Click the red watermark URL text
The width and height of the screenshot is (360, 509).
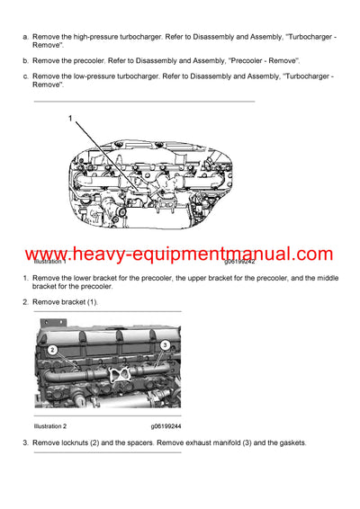click(180, 254)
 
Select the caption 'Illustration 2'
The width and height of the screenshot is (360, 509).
click(52, 425)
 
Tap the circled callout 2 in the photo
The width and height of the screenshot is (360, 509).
click(53, 349)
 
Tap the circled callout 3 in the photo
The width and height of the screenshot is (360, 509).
click(166, 345)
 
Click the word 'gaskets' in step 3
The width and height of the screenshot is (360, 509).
click(289, 443)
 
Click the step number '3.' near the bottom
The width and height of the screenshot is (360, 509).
click(26, 443)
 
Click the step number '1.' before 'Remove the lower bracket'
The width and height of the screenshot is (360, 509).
click(26, 280)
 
